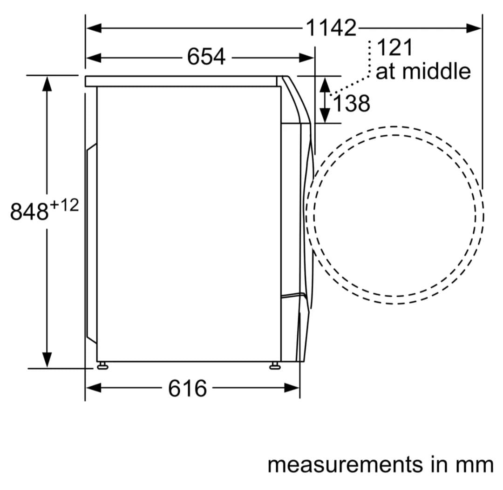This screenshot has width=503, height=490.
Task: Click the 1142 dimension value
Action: coord(331,28)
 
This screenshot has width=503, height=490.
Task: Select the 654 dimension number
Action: coord(206,57)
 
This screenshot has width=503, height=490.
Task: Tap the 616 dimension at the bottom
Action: coord(188,389)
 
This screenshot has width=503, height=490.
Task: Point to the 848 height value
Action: coord(29,212)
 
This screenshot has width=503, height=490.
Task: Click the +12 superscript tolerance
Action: coord(64,205)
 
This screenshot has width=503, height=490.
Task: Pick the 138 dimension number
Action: coord(352,103)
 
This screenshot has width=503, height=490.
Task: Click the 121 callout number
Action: coord(394,48)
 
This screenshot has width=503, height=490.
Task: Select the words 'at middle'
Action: coord(423,71)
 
